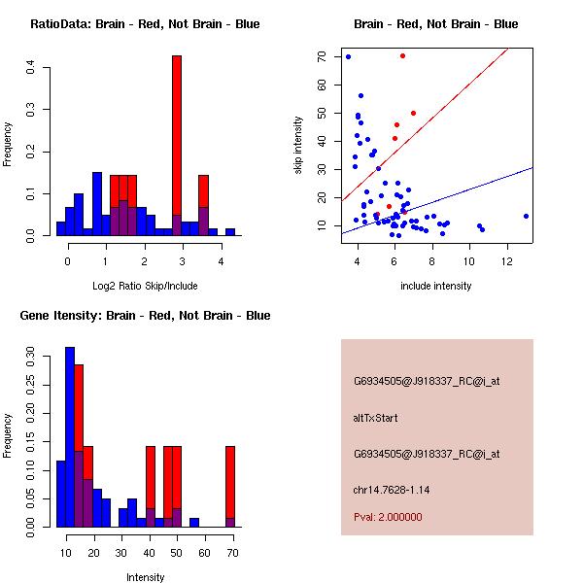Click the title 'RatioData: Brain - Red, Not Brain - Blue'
pos(145,24)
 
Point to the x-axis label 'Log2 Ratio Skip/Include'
pos(145,286)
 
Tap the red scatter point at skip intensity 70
pos(402,55)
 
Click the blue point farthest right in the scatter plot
pos(526,216)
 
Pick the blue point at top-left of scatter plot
pos(348,56)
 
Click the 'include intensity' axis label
pos(436,286)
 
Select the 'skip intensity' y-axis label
pos(298,145)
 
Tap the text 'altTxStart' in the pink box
pos(375,418)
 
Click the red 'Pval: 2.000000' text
pos(388,517)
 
